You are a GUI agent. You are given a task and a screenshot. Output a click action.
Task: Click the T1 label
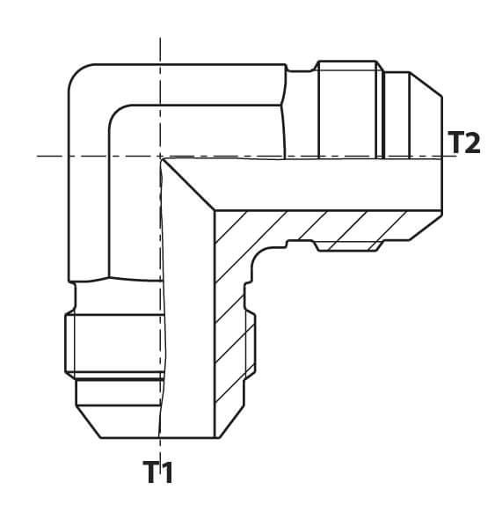click(158, 472)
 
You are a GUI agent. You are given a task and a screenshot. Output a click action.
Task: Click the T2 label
click(464, 142)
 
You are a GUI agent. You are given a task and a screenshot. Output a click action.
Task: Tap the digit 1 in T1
click(167, 472)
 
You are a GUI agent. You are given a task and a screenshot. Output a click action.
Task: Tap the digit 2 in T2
click(472, 142)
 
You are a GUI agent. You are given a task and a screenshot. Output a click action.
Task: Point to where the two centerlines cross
click(160, 156)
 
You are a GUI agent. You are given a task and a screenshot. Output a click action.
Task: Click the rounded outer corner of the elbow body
click(78, 74)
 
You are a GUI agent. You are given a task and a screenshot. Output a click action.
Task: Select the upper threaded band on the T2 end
click(348, 109)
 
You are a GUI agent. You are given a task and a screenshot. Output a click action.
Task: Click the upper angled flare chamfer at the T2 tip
click(426, 84)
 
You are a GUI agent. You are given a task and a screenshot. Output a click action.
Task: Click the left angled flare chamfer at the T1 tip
click(88, 422)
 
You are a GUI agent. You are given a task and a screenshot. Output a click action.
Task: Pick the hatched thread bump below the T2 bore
click(348, 245)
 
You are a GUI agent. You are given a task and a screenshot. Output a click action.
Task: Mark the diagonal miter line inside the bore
click(188, 185)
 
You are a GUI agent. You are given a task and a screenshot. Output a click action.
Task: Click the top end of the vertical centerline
click(160, 38)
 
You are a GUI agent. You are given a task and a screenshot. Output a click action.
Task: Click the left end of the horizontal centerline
click(37, 156)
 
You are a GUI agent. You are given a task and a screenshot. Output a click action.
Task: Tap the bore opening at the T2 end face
click(442, 185)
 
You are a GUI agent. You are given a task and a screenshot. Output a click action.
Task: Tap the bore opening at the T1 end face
click(186, 437)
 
